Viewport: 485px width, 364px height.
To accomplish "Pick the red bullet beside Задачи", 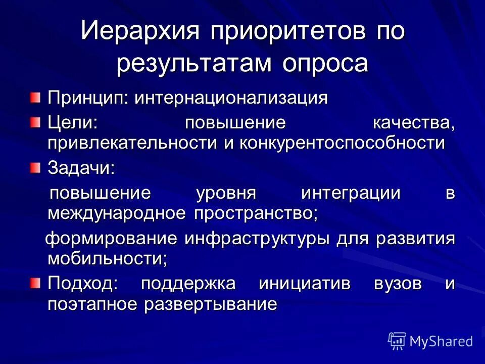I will (34, 167).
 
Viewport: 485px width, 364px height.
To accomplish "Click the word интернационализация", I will (230, 98).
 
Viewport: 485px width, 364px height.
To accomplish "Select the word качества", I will (413, 124).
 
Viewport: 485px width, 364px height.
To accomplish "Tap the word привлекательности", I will (133, 143).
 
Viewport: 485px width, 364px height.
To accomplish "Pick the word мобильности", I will (107, 258).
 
